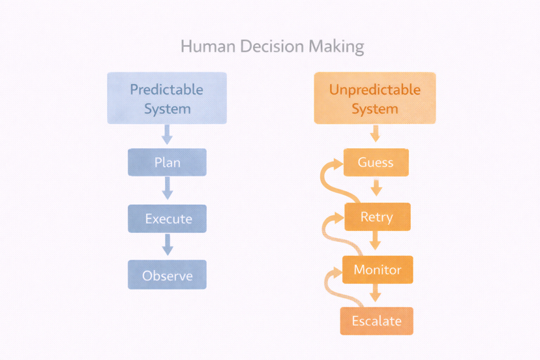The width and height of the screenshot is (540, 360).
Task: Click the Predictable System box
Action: coord(167,98)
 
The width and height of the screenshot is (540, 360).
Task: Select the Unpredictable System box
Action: coord(375,98)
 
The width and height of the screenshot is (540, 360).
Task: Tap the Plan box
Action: coord(167,162)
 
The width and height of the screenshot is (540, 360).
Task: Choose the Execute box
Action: coord(167,218)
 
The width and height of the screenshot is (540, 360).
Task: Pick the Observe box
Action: coord(167,275)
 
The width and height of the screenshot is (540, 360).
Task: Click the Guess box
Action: coord(376,162)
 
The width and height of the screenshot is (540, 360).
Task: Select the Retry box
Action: coord(377,217)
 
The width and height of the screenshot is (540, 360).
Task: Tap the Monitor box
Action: coord(378,269)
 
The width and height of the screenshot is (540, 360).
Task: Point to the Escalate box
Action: coord(376,321)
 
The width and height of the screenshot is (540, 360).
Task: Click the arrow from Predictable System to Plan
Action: coord(167,135)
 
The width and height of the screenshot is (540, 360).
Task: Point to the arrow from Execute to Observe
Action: coord(167,245)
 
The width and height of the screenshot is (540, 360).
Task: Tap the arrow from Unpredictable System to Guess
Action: coord(375,135)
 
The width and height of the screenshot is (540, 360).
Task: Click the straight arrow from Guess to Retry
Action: coord(376,188)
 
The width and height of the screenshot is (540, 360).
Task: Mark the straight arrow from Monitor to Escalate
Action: coord(376,294)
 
